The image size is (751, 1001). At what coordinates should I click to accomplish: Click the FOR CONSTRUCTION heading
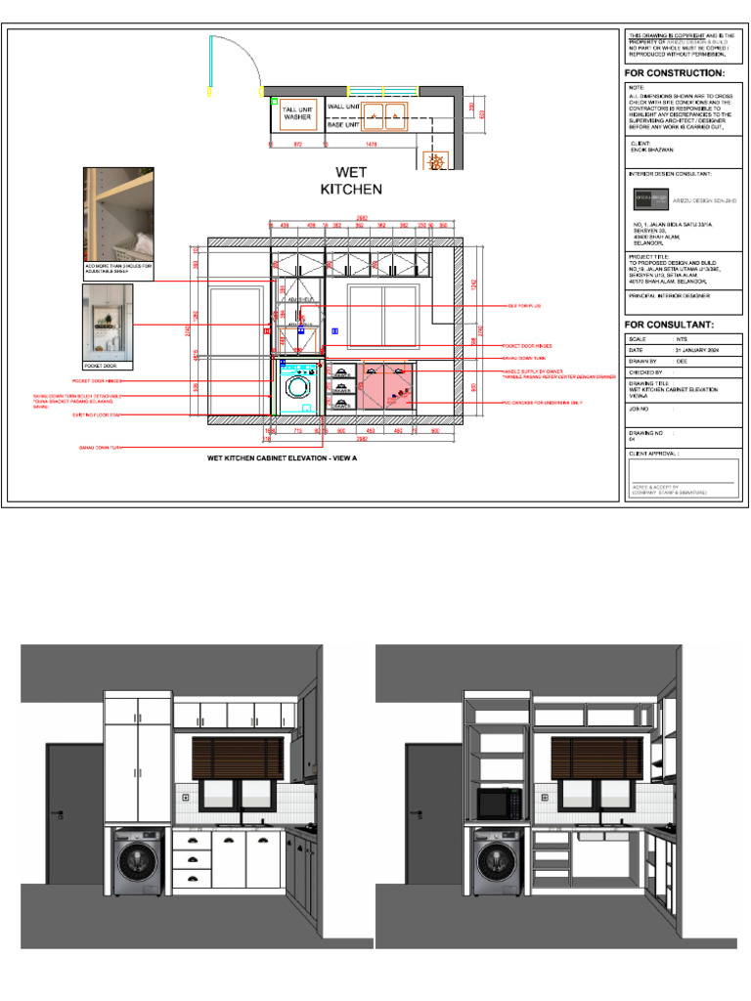click(676, 73)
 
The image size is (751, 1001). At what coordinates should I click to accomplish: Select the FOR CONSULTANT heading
click(670, 325)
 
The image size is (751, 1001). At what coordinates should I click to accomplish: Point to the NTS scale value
click(683, 338)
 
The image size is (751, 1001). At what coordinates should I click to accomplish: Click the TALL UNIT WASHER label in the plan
click(297, 113)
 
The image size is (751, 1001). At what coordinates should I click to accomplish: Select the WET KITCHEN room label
click(352, 180)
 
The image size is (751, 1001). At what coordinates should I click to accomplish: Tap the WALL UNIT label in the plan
click(344, 106)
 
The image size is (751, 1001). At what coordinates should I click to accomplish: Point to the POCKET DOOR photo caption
click(101, 365)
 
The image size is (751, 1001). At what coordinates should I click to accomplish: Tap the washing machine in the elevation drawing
click(294, 385)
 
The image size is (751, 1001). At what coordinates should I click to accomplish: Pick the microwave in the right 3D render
click(498, 805)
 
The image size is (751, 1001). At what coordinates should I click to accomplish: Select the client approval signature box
click(682, 475)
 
